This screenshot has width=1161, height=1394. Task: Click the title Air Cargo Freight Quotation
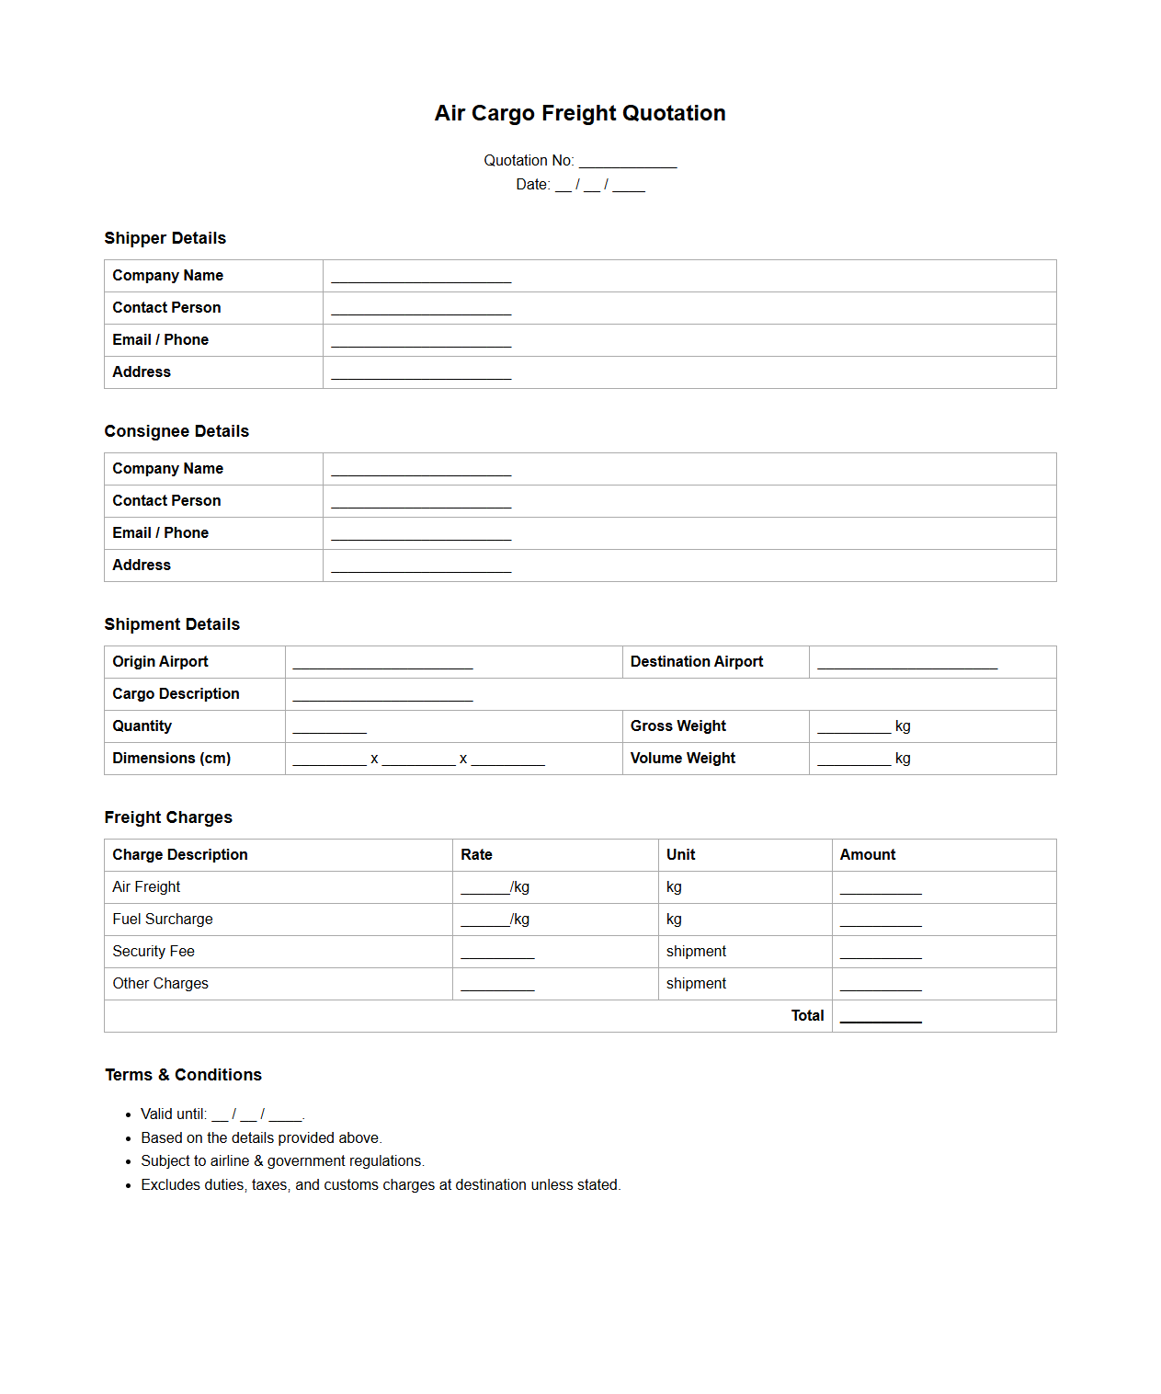(x=580, y=113)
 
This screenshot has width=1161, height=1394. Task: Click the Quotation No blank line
(x=627, y=162)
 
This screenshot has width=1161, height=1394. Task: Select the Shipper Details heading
(x=165, y=238)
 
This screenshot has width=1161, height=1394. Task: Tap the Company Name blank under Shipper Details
(x=421, y=277)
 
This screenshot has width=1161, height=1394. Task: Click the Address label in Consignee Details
(x=142, y=566)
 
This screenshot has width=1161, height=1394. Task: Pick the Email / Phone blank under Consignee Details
(x=421, y=534)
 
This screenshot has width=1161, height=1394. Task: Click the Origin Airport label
(x=160, y=662)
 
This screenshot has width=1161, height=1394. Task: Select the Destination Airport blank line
(x=906, y=663)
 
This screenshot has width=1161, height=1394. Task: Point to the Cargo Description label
(x=176, y=694)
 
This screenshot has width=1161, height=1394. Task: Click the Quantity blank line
(x=329, y=727)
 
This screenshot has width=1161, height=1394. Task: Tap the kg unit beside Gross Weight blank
(x=903, y=726)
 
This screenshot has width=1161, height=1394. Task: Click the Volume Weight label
(x=682, y=759)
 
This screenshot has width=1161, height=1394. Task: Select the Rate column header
(x=476, y=855)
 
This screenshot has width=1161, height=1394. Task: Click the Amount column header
(x=867, y=855)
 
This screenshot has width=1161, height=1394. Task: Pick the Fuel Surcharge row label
(x=163, y=920)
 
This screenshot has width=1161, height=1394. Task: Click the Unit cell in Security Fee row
(x=696, y=952)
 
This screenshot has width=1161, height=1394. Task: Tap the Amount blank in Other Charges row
(x=880, y=985)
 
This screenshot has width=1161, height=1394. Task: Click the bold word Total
(x=807, y=1016)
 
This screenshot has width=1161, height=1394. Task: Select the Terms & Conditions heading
(x=183, y=1075)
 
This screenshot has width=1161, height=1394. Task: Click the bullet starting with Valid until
(x=222, y=1114)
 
